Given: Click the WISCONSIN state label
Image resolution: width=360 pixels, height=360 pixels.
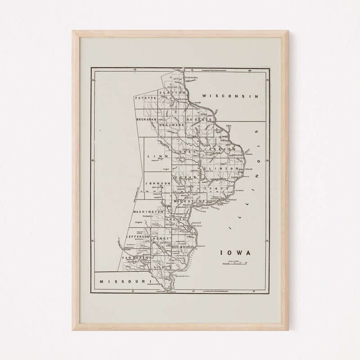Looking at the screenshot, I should coord(231,96).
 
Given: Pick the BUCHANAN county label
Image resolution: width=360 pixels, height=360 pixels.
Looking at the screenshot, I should coord(147,120).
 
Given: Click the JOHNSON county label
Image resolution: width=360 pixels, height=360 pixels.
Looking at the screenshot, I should coord(157,183).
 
